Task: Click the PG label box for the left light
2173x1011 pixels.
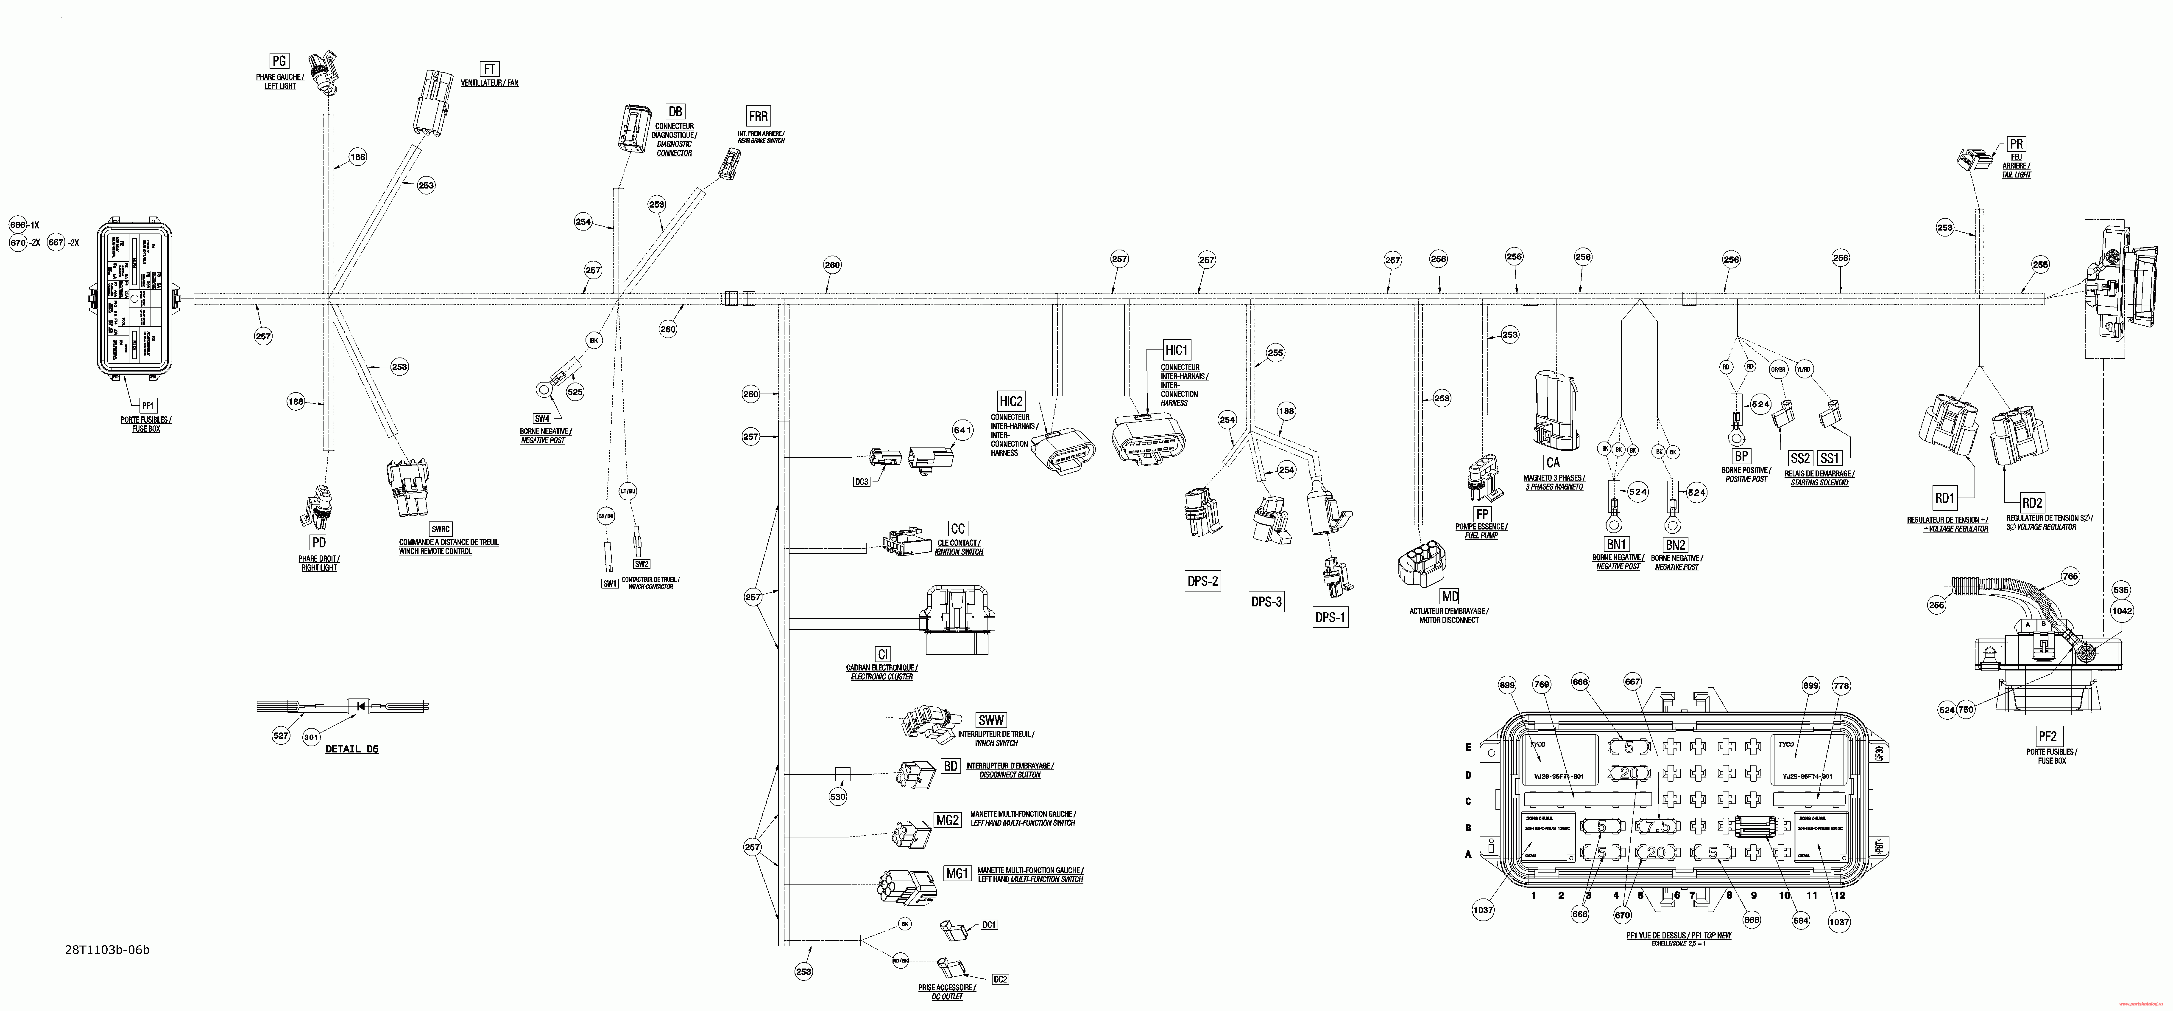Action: [x=278, y=61]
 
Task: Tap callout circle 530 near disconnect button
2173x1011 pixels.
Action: [x=838, y=797]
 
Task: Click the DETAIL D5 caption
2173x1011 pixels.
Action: [x=352, y=749]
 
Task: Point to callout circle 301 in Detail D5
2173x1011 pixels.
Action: [x=311, y=737]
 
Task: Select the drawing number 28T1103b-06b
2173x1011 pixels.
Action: [x=107, y=950]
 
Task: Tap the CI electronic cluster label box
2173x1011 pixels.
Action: [x=882, y=654]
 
